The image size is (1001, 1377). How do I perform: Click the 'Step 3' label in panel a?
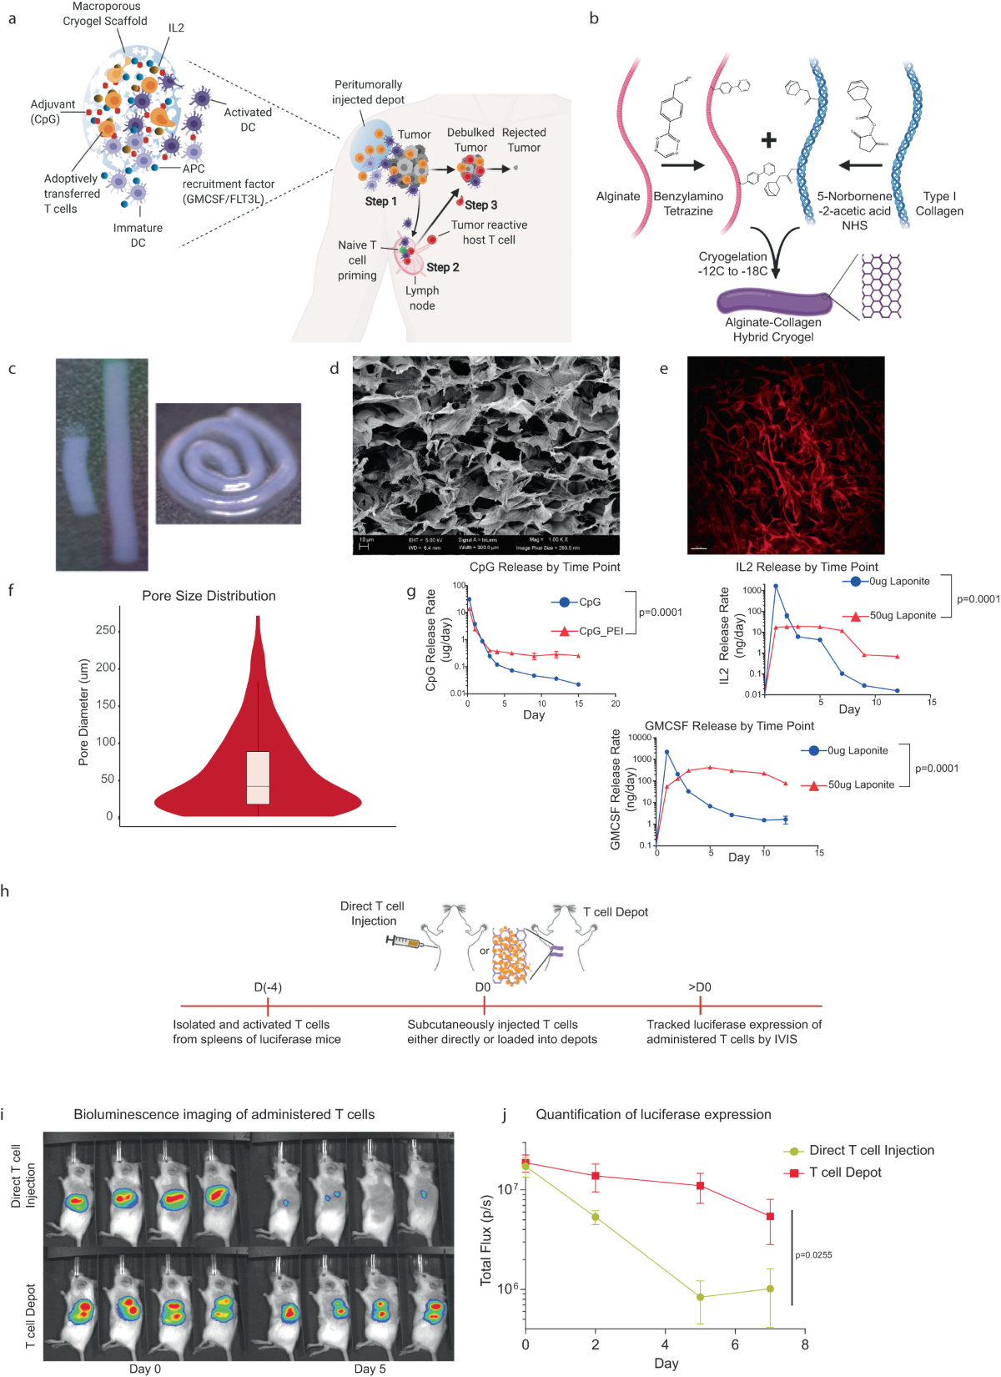pos(481,204)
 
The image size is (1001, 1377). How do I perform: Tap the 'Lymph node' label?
pos(422,298)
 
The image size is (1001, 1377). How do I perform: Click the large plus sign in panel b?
pos(768,140)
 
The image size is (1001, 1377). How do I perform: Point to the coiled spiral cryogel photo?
pos(228,463)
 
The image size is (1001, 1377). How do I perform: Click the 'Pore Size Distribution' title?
pos(209,596)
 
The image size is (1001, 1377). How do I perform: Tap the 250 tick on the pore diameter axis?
pos(105,630)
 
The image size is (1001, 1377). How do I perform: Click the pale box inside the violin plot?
pos(258,777)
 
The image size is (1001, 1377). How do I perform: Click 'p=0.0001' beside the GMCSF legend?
pos(937,769)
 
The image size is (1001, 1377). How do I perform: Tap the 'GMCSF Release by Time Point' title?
pos(729,726)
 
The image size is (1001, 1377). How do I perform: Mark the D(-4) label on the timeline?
pos(268,987)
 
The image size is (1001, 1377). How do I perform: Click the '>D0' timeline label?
pos(700,987)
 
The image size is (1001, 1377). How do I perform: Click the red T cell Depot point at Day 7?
pos(770,1217)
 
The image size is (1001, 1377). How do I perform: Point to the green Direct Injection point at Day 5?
pos(700,1297)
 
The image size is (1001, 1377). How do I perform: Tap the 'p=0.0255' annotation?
pos(813,1255)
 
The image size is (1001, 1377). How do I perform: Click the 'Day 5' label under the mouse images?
pos(370,1369)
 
